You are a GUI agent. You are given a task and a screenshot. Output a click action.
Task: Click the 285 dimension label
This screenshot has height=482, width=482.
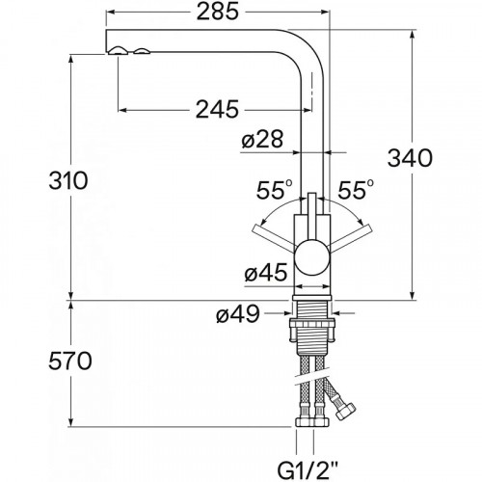(218, 13)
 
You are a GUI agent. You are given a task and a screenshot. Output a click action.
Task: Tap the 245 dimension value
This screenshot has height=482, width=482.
(218, 109)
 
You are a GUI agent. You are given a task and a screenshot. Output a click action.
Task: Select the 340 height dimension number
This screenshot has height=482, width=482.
(410, 158)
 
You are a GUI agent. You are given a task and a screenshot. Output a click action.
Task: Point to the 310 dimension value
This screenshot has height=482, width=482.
(68, 180)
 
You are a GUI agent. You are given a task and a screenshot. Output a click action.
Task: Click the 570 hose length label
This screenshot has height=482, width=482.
(70, 361)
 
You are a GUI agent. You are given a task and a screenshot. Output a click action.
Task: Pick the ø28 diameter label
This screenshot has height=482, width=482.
(262, 140)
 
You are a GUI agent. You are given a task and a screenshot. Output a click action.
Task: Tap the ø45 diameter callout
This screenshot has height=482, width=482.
(266, 273)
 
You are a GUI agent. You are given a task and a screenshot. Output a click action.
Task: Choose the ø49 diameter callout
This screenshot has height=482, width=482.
(238, 313)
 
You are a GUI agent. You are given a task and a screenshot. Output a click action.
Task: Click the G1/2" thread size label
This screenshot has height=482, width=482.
(308, 469)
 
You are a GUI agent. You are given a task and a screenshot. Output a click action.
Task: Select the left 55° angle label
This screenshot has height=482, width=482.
(274, 190)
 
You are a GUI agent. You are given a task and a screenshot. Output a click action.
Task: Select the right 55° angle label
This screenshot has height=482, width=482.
(356, 190)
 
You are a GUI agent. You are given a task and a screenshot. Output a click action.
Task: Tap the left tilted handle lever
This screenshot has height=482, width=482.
(275, 237)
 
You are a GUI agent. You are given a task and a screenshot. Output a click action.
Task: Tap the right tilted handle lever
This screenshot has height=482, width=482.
(351, 237)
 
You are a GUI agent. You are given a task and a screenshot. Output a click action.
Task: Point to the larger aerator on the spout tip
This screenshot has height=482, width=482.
(119, 50)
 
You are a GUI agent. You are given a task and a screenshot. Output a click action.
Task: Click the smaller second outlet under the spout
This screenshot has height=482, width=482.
(142, 51)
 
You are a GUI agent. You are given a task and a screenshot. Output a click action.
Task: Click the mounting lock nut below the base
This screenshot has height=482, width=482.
(312, 331)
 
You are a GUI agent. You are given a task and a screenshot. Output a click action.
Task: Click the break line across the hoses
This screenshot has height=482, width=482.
(311, 379)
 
